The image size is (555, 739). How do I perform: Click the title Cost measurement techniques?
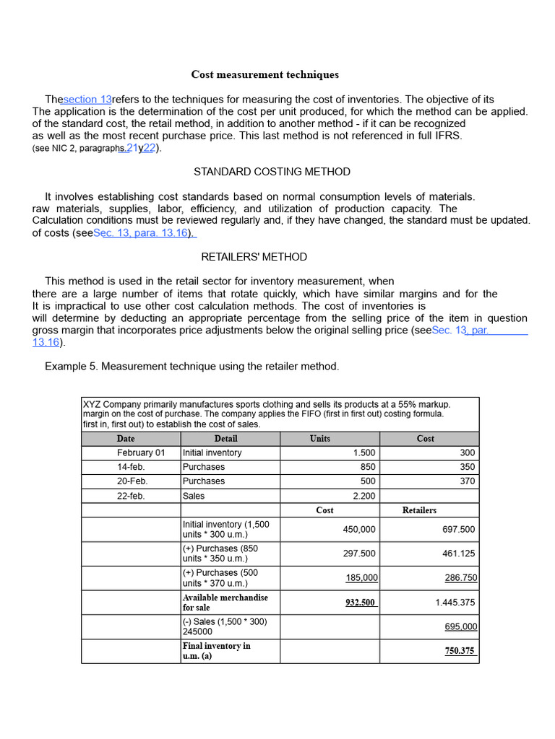[x=264, y=75]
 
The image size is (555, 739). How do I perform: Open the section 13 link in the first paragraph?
[x=87, y=100]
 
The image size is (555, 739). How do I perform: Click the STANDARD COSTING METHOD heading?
[x=272, y=172]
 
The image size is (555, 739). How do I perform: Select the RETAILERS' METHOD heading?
[x=254, y=257]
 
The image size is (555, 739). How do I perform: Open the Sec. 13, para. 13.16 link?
[x=144, y=233]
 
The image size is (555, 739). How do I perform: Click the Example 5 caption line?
[x=192, y=367]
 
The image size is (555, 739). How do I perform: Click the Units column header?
[x=320, y=439]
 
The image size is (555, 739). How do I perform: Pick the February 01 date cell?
[x=141, y=453]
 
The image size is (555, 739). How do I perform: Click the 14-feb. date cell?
[x=131, y=467]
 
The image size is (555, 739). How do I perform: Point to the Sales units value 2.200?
[x=363, y=497]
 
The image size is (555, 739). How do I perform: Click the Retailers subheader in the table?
[x=419, y=510]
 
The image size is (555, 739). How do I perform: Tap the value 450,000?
[x=359, y=530]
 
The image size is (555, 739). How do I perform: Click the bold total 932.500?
[x=361, y=603]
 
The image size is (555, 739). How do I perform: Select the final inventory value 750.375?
[x=460, y=651]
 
